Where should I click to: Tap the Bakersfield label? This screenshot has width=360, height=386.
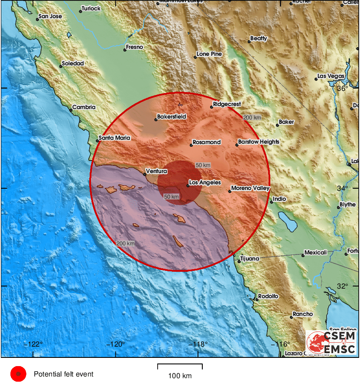172,117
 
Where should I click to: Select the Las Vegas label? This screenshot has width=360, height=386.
331,76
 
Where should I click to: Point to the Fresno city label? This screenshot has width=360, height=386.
134,47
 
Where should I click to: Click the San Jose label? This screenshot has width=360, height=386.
50,16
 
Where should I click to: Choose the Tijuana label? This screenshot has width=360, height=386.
250,258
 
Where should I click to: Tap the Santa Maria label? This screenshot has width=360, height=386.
114,138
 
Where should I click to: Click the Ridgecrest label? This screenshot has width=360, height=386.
227,104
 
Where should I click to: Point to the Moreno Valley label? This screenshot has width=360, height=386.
250,188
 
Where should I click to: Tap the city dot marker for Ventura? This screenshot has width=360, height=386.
145,174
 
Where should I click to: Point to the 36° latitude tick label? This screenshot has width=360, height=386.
343,88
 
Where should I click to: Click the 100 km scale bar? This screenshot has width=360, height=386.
180,366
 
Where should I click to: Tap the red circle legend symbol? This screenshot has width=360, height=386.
18,374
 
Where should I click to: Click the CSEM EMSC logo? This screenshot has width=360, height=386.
331,342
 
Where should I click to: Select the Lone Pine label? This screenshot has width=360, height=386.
209,54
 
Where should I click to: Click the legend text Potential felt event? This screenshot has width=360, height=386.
63,374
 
